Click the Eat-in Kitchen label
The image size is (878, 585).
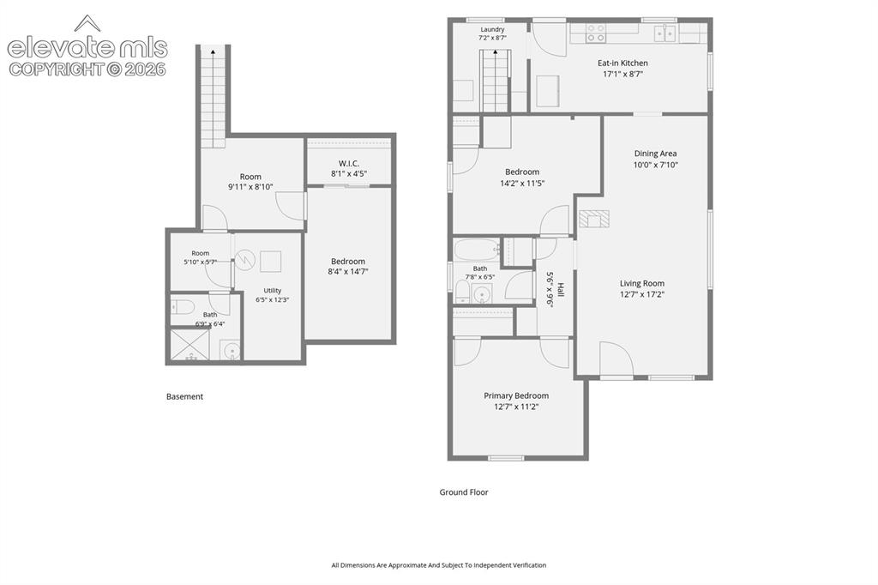point(622,63)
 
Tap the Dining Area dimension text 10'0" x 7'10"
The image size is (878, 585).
point(655,165)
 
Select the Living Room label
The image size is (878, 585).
point(641,284)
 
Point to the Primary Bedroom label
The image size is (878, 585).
point(515,395)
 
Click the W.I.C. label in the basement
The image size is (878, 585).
point(348,163)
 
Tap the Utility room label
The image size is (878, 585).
point(273,290)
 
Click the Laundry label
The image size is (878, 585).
point(492,30)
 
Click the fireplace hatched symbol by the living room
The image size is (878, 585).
point(593,218)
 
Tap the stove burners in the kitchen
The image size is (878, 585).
point(596,33)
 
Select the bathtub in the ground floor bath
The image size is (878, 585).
point(477,250)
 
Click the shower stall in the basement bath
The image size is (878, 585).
point(190,345)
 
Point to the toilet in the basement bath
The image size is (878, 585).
point(183,306)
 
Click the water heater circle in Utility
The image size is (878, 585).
point(244,259)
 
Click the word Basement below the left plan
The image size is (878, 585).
point(185,397)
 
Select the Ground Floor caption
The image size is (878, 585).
point(464,492)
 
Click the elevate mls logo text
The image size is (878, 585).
point(87,47)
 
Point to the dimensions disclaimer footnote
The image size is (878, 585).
point(439,565)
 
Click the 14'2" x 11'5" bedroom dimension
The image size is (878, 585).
point(522,184)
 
